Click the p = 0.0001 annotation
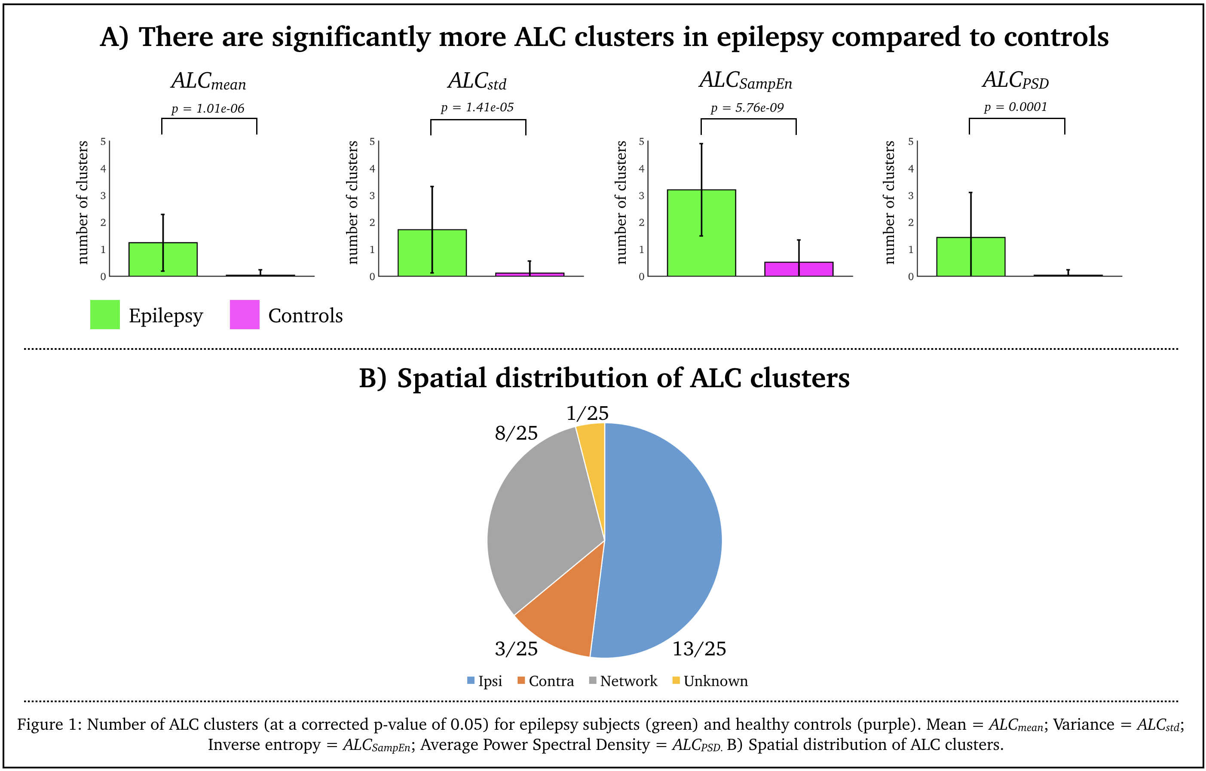point(1015,107)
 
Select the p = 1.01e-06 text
point(208,108)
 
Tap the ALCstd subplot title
point(478,81)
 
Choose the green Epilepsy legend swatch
point(105,315)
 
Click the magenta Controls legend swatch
point(245,315)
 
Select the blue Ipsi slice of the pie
point(661,541)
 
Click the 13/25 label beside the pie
point(699,649)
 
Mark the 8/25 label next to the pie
point(516,433)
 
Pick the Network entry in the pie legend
point(623,681)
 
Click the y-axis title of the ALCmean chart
point(83,202)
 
